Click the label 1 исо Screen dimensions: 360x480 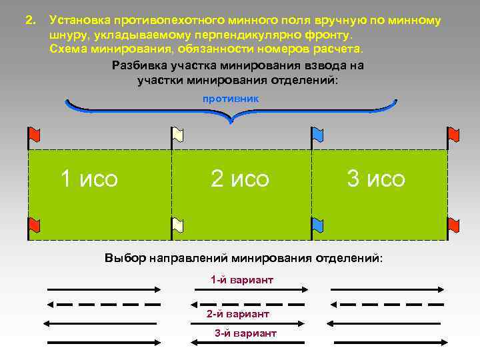pyautogui.click(x=89, y=179)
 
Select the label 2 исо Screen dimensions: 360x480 pyautogui.click(x=240, y=179)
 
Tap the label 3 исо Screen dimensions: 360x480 pyautogui.click(x=375, y=179)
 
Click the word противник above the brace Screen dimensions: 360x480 pyautogui.click(x=231, y=98)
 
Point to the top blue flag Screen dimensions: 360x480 pyautogui.click(x=318, y=135)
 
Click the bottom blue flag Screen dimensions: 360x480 pyautogui.click(x=318, y=225)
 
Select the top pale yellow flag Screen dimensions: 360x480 pyautogui.click(x=177, y=135)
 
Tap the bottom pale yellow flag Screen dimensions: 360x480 pyautogui.click(x=177, y=225)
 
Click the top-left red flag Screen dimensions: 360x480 pyautogui.click(x=34, y=135)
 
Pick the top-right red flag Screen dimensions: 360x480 pyautogui.click(x=453, y=135)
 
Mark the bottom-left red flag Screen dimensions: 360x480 pyautogui.click(x=34, y=225)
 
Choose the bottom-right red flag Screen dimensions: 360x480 pyautogui.click(x=453, y=225)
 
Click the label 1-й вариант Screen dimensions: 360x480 pyautogui.click(x=241, y=280)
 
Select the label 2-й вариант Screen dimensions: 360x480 pyautogui.click(x=238, y=313)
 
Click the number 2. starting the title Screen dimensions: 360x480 pyautogui.click(x=29, y=21)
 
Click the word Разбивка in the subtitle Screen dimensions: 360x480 pyautogui.click(x=139, y=66)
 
